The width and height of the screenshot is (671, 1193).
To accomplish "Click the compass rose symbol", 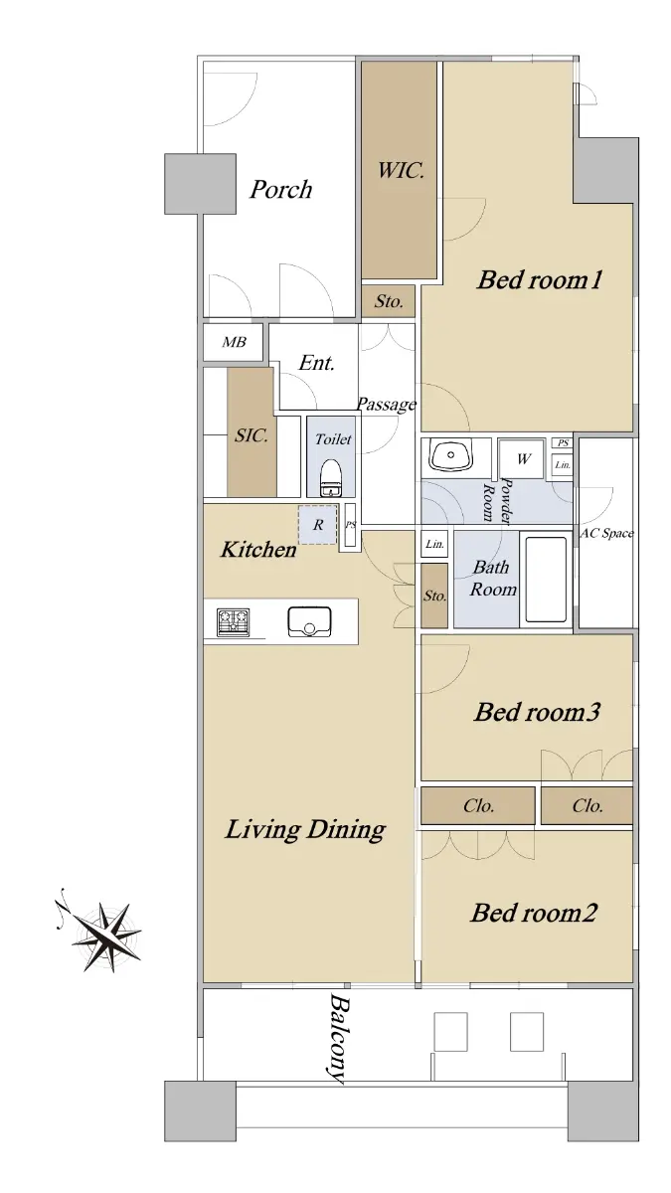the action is point(103,935).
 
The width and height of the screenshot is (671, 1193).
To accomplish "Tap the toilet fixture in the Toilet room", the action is point(331,478).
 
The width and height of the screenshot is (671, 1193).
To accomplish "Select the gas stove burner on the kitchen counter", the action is point(234,622).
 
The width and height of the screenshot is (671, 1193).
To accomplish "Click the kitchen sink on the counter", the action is point(309,621).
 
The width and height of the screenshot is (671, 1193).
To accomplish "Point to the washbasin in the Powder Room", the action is point(451,456).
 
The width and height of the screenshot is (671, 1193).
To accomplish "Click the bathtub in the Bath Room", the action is point(546,580).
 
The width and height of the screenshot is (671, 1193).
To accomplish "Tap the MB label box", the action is point(234,342).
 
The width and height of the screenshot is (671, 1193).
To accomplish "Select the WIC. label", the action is point(401,170).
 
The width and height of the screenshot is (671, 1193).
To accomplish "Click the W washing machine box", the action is point(521,458).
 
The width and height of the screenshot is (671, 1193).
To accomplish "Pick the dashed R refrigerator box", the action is point(317,525).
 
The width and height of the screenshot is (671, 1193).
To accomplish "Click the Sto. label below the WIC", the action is point(389,301).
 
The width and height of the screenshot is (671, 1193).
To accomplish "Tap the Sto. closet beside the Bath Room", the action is point(434,596).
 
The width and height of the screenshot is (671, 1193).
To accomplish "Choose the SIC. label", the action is point(252,435).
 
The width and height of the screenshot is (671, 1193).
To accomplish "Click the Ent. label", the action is point(317,363).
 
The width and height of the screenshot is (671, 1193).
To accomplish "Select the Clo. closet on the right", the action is point(587,805).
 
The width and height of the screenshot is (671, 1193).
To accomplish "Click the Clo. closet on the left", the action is point(478,805).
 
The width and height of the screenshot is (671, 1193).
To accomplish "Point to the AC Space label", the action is point(606,533).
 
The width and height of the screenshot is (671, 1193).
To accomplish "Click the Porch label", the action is point(280,190).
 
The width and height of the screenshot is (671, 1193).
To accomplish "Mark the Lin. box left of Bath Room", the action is point(434,544).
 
